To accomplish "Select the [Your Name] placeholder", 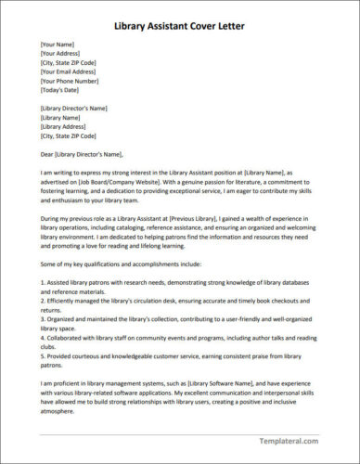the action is click(58, 44).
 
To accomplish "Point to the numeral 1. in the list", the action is click(43, 279).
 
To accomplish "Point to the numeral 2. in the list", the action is click(43, 298).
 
